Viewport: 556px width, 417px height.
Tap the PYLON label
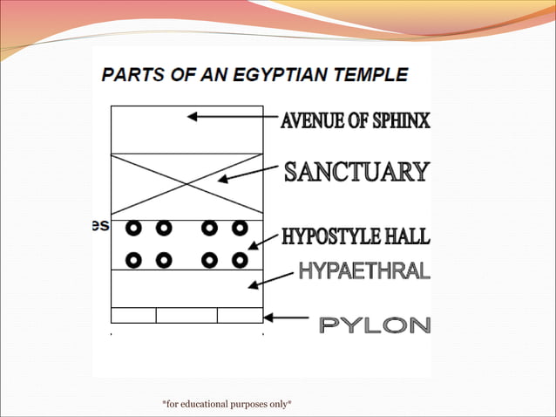point(375,325)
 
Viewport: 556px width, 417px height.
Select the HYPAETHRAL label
point(364,271)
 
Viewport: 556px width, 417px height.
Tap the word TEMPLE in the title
point(372,75)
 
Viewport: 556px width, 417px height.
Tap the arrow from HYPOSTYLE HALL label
point(264,242)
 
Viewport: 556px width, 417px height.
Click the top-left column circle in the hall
point(133,229)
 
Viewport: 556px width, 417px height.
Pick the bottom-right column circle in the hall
point(240,259)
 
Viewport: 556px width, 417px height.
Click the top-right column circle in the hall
point(240,229)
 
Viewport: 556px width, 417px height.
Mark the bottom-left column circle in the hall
point(133,259)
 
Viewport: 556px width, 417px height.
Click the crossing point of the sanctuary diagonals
point(186,183)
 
